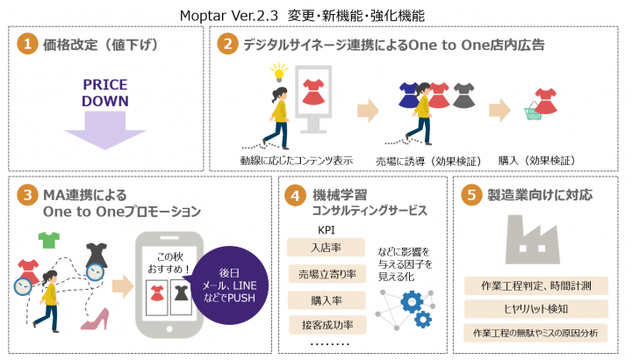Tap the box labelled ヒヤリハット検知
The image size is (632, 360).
point(535,309)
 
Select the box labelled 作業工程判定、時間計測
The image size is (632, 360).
point(535,285)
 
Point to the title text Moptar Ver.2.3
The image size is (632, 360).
point(229,15)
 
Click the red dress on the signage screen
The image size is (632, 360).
point(312,90)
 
